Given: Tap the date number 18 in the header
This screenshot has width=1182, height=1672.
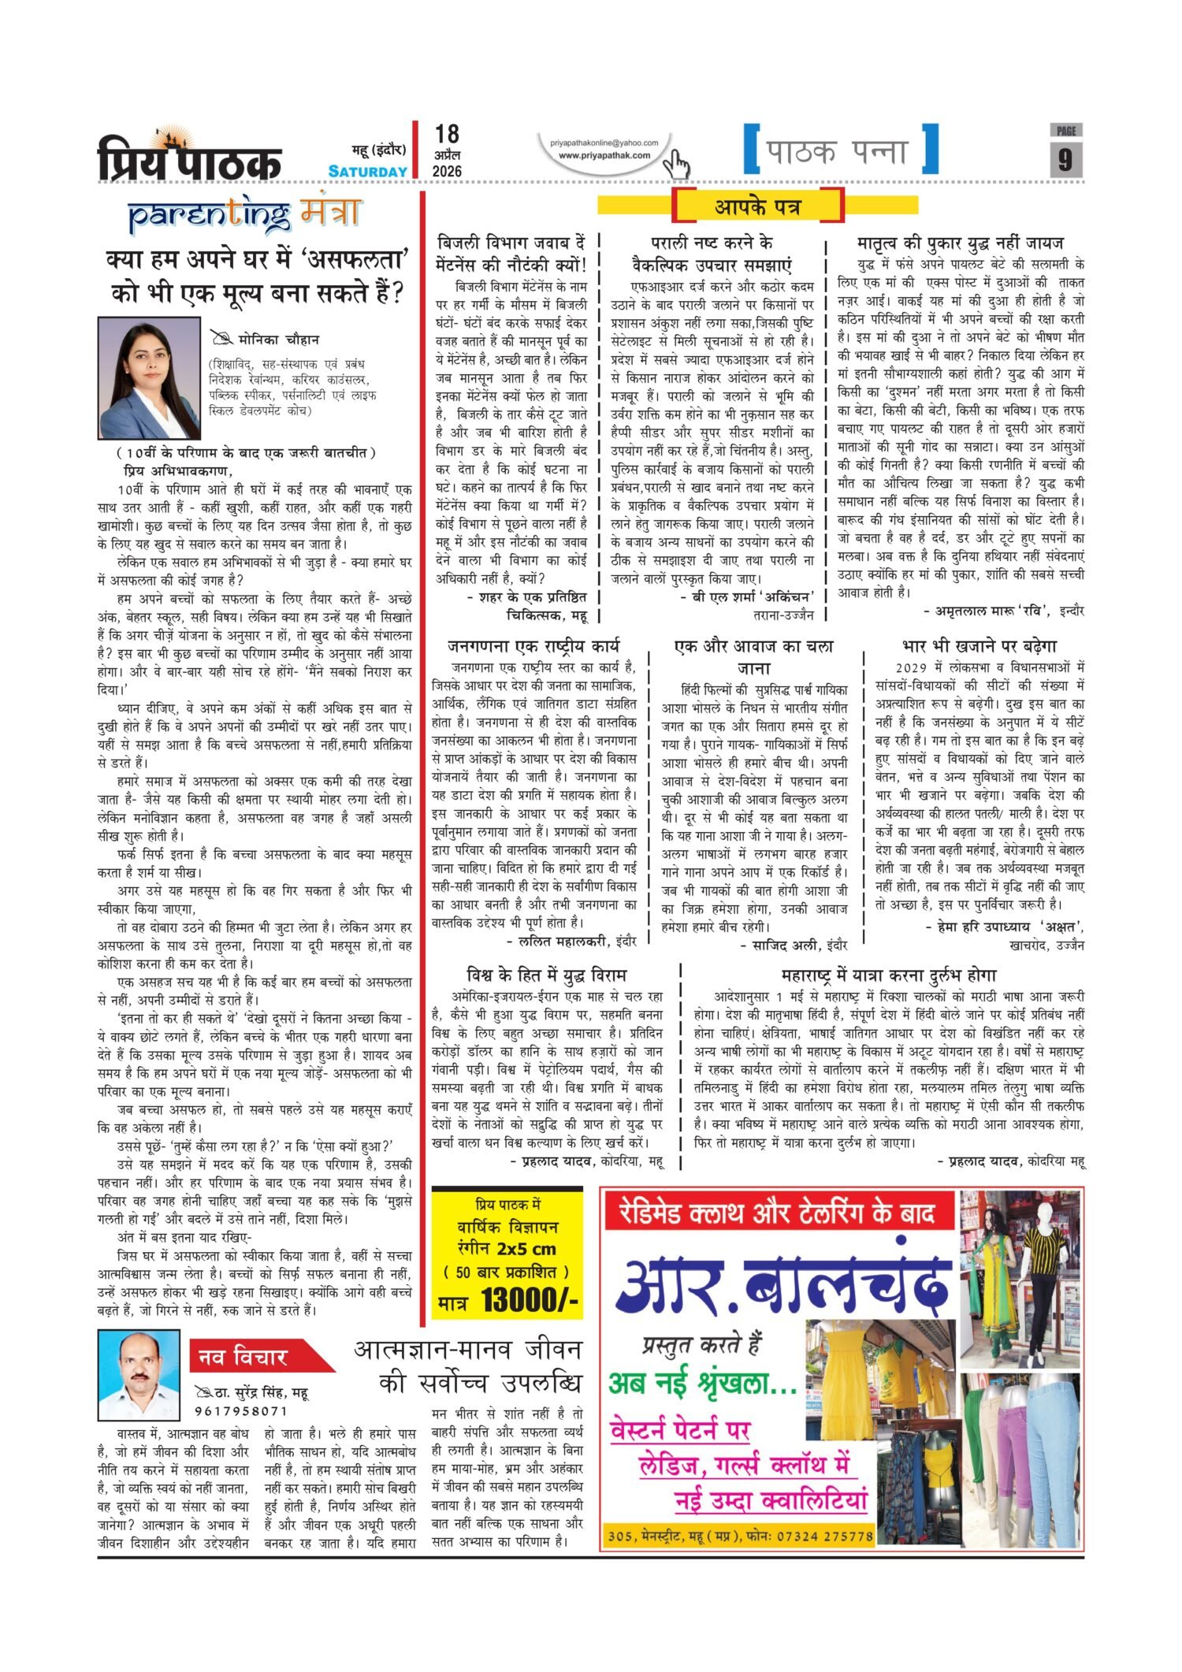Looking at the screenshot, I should coord(446,134).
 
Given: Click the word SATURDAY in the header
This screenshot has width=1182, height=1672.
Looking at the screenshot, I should coord(368,171).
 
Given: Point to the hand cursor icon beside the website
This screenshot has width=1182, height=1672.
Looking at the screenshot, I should coord(676,165).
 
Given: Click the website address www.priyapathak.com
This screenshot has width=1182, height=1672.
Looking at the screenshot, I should coord(604,155).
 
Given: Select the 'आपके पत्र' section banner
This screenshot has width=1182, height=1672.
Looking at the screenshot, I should coord(757,207).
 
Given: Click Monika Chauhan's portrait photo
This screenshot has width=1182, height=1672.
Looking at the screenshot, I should coord(149,377).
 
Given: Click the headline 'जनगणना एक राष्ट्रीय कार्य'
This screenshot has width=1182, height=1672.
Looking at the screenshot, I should coord(533,646).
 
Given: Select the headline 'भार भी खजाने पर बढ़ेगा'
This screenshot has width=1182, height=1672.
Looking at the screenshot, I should coord(979,646).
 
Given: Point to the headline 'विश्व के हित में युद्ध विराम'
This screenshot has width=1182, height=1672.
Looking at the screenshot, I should coord(547,975).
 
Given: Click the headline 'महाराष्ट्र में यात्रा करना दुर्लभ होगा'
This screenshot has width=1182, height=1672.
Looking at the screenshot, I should coord(889,975).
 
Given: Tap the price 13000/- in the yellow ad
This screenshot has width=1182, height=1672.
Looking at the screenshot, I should coord(530,1299).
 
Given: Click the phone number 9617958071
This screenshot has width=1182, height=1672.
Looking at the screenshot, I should coord(241,1411).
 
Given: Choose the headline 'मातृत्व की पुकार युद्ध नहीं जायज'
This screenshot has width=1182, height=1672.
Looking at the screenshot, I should coord(960,243).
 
